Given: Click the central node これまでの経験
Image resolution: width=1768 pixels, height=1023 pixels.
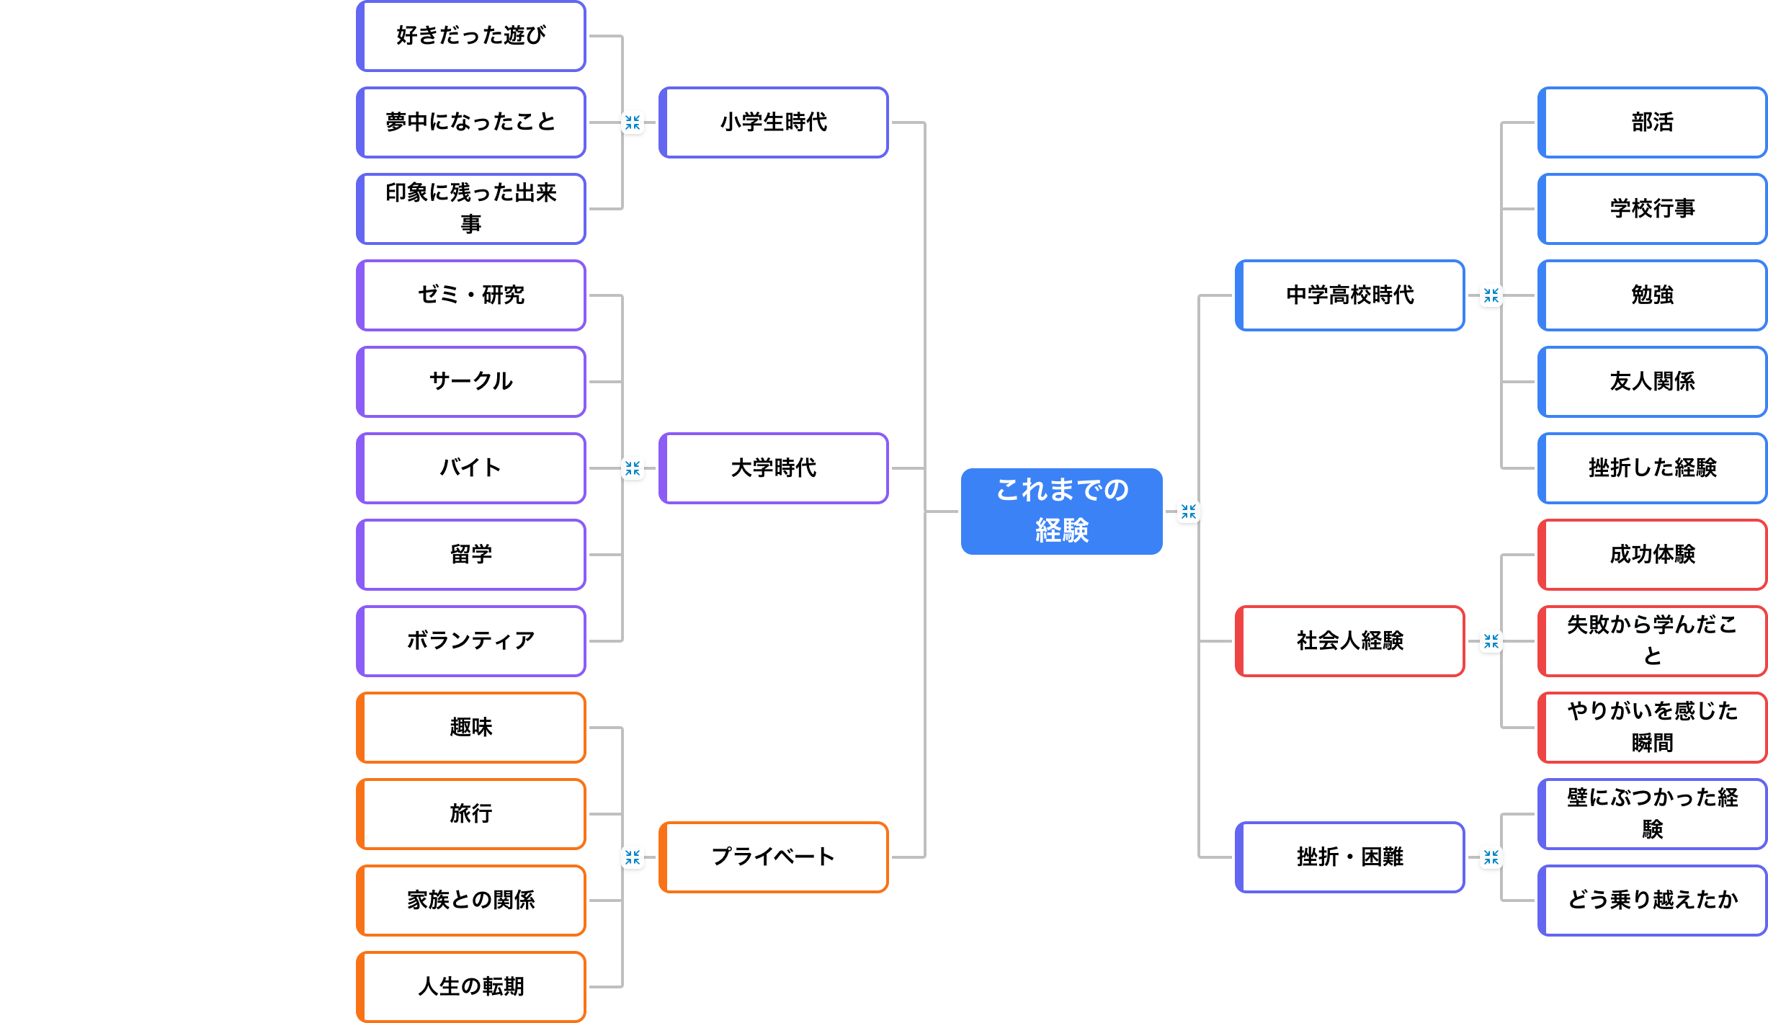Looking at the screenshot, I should [x=1061, y=511].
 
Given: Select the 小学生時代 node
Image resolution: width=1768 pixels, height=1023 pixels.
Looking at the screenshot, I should [x=773, y=122].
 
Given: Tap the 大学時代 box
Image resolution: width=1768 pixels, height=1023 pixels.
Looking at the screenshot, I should [x=773, y=468].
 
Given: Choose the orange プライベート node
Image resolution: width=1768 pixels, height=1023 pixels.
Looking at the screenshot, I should [x=773, y=857].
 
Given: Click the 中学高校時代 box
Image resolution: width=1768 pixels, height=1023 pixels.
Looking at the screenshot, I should [x=1349, y=295].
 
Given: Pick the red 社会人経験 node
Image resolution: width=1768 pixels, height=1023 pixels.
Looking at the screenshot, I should [x=1349, y=640].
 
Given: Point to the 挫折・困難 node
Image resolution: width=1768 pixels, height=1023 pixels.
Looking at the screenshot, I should [x=1349, y=857].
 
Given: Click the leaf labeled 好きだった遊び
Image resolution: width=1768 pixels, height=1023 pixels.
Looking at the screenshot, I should [x=471, y=36].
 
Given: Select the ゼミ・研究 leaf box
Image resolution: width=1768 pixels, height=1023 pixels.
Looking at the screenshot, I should [x=471, y=295].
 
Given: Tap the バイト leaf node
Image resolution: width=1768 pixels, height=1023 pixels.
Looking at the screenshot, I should [x=471, y=468].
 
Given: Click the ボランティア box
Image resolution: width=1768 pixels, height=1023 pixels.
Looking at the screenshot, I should [x=471, y=640].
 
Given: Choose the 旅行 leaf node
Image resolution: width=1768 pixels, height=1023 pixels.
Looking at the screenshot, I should [x=471, y=813].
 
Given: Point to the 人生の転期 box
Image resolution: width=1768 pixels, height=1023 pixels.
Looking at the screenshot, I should [x=471, y=986].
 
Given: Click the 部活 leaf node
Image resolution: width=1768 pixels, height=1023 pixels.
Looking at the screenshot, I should [x=1652, y=122].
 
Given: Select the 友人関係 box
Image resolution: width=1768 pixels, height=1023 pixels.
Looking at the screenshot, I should [x=1652, y=382].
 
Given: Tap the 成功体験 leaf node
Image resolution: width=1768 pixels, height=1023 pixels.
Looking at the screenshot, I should [x=1652, y=554].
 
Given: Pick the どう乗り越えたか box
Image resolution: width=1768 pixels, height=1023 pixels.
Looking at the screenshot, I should [x=1652, y=900].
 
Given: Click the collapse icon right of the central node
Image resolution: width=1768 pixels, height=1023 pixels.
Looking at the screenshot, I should [x=1189, y=511].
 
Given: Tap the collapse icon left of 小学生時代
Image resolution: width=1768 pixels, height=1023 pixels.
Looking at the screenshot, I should [x=633, y=122].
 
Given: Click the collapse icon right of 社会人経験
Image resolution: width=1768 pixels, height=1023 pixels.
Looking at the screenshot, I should [x=1491, y=641].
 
